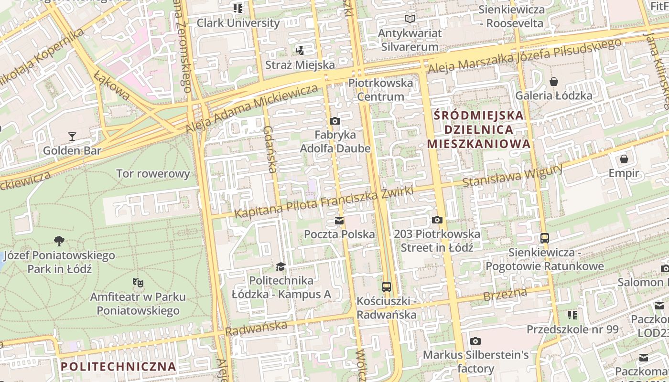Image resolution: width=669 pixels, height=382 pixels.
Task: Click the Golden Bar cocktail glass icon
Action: (x=72, y=137)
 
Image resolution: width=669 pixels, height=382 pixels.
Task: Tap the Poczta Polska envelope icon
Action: (x=339, y=220)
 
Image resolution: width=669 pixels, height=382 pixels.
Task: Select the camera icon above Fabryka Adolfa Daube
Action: (x=335, y=121)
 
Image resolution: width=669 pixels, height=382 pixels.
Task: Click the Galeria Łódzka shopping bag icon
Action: (x=554, y=82)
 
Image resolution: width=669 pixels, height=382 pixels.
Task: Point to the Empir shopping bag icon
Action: (x=624, y=159)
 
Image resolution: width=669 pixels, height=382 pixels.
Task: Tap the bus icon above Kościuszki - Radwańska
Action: (x=387, y=287)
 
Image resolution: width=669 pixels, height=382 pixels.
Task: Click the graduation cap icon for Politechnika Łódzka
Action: (x=281, y=266)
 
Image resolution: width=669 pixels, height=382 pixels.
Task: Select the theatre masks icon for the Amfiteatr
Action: (x=138, y=283)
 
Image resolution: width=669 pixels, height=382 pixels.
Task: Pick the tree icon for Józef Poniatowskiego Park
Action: (x=59, y=241)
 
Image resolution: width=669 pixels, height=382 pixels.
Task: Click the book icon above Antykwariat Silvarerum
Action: (x=410, y=19)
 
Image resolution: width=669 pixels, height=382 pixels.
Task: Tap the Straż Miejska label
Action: (x=300, y=64)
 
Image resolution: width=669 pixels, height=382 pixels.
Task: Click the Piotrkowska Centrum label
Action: (x=381, y=90)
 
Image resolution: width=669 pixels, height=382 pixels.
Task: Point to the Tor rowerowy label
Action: (x=153, y=173)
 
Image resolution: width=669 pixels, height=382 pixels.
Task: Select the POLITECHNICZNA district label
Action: (x=119, y=367)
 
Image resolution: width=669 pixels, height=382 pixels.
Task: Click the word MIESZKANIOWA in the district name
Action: (x=479, y=144)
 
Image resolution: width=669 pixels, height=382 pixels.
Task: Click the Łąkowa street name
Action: (x=111, y=85)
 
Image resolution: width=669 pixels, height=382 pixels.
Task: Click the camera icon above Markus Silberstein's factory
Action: (x=475, y=341)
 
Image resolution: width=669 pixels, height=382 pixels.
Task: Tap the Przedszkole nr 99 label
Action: (x=572, y=329)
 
